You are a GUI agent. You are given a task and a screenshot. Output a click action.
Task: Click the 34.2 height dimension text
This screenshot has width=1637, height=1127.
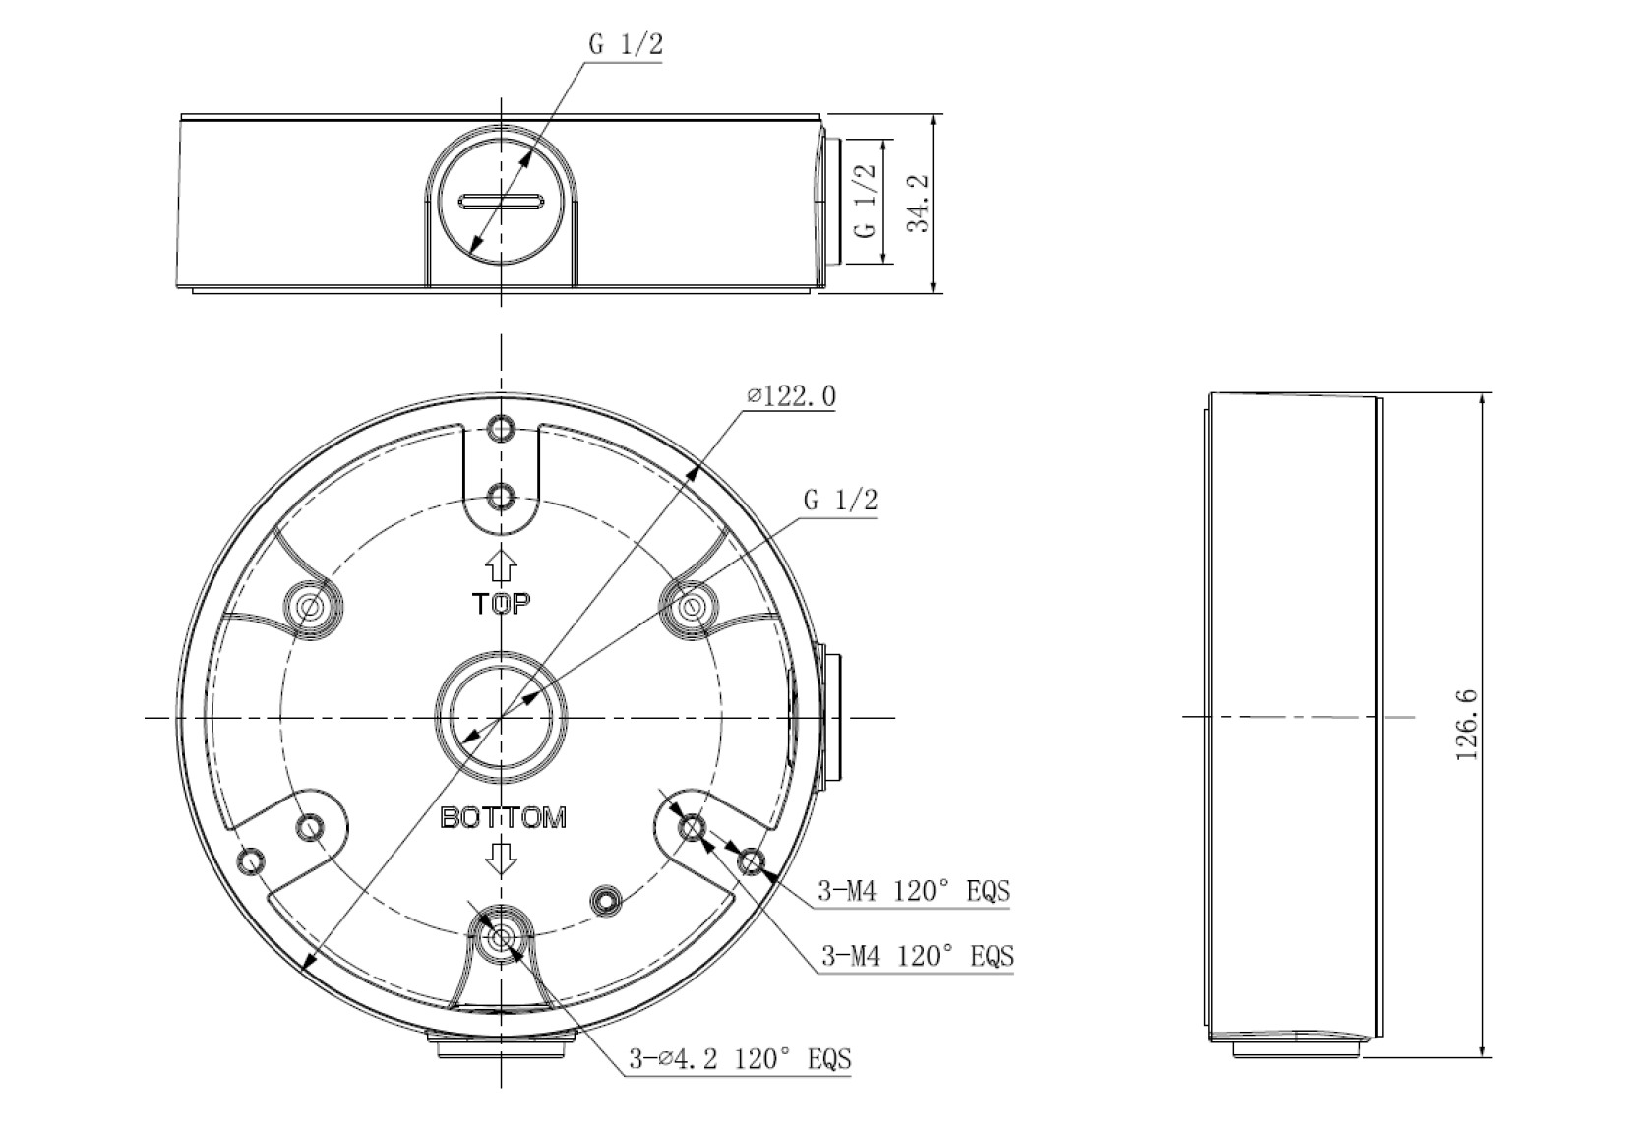coord(918,203)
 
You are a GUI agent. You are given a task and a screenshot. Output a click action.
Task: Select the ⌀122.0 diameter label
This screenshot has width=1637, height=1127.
coord(792,396)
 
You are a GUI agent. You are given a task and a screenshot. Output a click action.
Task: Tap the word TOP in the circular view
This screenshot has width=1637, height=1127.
coord(502,603)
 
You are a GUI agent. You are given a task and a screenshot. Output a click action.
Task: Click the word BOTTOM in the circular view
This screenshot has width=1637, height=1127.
coord(504,817)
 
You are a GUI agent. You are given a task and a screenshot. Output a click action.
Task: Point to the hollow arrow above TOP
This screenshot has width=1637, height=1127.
coord(502,565)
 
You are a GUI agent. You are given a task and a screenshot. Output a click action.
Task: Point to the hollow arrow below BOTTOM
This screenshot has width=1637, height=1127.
coord(502,858)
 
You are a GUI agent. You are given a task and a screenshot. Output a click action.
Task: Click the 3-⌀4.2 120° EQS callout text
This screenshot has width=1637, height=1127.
coord(741,1058)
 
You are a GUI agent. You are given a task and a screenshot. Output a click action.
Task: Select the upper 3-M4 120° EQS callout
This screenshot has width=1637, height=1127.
coord(914,891)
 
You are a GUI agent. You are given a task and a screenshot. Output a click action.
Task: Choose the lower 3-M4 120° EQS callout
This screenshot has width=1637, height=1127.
coord(918,955)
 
